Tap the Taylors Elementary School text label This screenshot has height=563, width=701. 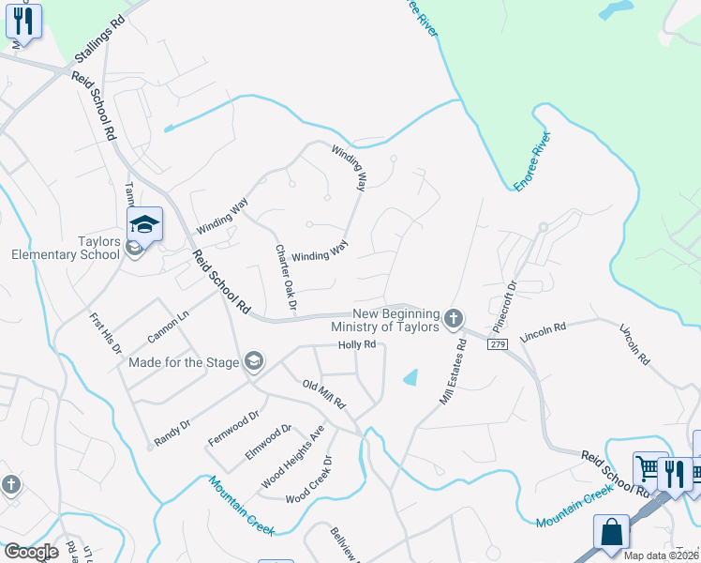pyautogui.click(x=66, y=248)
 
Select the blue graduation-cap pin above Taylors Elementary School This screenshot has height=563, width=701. pyautogui.click(x=145, y=225)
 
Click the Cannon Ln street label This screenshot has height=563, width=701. pyautogui.click(x=168, y=323)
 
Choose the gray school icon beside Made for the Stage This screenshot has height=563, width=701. pyautogui.click(x=253, y=361)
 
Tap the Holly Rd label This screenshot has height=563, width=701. pyautogui.click(x=357, y=344)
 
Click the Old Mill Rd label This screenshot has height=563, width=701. pyautogui.click(x=324, y=394)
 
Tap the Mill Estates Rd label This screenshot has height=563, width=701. pyautogui.click(x=454, y=373)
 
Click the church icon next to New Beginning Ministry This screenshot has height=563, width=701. pyautogui.click(x=453, y=319)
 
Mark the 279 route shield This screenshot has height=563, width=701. pyautogui.click(x=498, y=345)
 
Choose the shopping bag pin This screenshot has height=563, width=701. pyautogui.click(x=611, y=531)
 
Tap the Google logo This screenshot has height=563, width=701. pyautogui.click(x=32, y=552)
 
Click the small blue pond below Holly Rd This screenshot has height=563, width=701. pyautogui.click(x=410, y=377)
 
